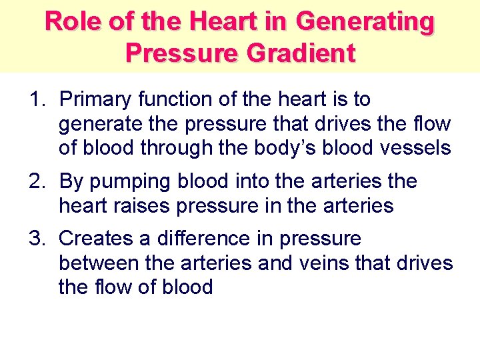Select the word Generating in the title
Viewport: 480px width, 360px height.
(x=365, y=21)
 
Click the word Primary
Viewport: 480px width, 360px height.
(x=96, y=100)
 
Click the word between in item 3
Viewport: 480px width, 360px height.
(x=99, y=263)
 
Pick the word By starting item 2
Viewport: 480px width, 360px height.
(x=71, y=181)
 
